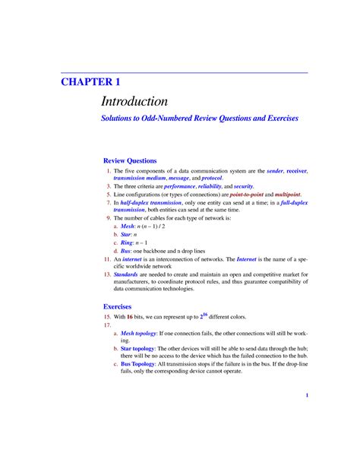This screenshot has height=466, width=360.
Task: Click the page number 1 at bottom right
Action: click(307, 395)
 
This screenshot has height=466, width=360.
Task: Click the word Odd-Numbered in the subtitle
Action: click(161, 119)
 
